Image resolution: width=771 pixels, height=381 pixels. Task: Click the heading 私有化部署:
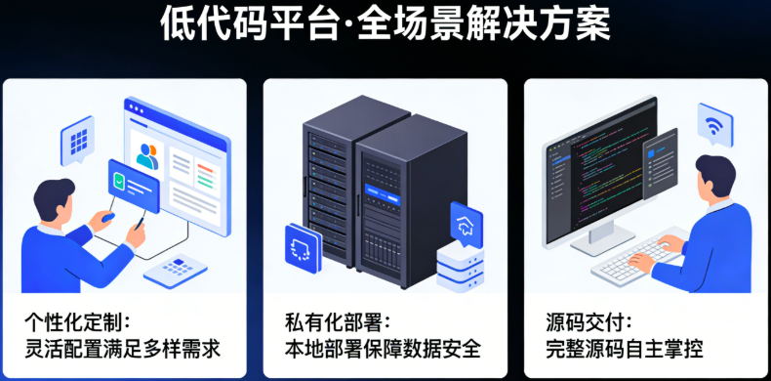coord(338,321)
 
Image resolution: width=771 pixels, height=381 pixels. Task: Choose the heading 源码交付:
coord(588,321)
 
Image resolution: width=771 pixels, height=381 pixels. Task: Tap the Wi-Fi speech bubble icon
coord(714,125)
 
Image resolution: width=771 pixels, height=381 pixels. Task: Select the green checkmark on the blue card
coord(119,180)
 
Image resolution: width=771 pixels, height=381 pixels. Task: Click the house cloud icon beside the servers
coord(466,222)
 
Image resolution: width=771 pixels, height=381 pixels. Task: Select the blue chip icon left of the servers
coord(303,244)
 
